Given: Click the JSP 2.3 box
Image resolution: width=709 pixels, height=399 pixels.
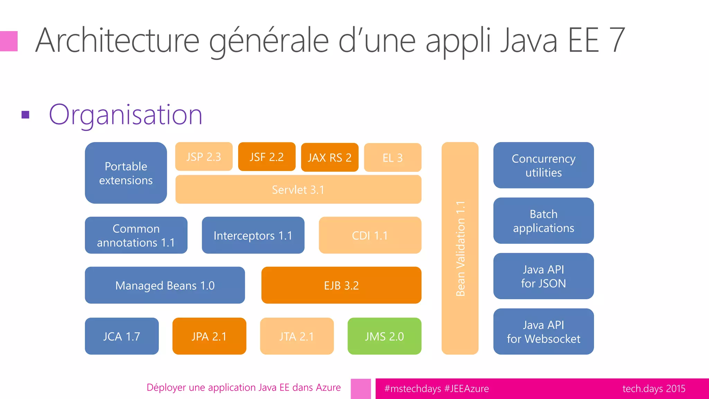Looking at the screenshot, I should [x=204, y=157].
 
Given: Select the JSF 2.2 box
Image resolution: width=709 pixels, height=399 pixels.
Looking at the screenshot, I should [x=267, y=157].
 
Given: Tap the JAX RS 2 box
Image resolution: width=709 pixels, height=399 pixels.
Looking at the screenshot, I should [x=330, y=157].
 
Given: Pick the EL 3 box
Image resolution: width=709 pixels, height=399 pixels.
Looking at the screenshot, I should [x=393, y=158].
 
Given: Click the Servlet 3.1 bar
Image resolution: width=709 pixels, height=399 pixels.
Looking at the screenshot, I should [x=298, y=189].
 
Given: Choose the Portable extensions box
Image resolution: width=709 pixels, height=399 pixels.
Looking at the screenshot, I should [x=126, y=173].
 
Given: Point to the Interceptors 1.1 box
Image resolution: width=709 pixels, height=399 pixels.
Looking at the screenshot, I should [x=253, y=235].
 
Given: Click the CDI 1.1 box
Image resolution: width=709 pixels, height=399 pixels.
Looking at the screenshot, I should [x=370, y=235].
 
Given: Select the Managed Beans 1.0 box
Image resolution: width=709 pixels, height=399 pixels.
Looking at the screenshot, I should [x=165, y=285].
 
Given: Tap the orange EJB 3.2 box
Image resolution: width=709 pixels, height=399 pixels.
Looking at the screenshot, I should [x=341, y=285].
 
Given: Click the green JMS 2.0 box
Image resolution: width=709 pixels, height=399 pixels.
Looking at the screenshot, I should [x=384, y=336].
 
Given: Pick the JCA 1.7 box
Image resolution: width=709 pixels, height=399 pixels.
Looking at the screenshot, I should [x=122, y=336].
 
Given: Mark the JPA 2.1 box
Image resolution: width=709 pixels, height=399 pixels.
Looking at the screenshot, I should [x=209, y=336].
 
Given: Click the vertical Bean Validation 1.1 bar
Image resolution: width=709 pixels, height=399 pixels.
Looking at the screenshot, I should [x=460, y=248].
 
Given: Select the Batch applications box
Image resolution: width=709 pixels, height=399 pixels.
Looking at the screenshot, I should [x=543, y=221].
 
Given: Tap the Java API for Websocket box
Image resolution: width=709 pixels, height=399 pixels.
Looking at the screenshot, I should [x=543, y=331].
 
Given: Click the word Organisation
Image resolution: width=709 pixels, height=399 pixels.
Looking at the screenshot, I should [x=125, y=115].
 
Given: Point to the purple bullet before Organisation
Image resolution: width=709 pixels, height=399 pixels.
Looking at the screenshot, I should [x=25, y=115].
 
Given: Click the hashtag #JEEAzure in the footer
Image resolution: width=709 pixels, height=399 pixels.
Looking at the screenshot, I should [x=466, y=389].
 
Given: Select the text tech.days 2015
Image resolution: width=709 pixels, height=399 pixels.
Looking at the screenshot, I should [x=654, y=389].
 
